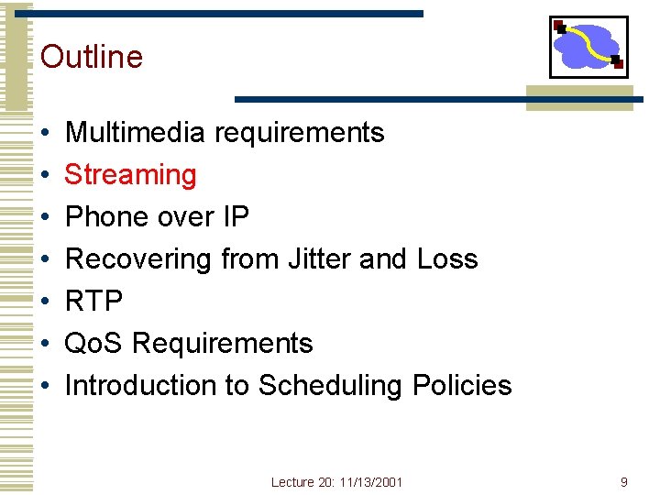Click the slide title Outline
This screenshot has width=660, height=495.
[x=92, y=57]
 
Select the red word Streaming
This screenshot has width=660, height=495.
[x=131, y=174]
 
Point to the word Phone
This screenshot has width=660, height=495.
[x=106, y=216]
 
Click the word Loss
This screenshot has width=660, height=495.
[x=447, y=258]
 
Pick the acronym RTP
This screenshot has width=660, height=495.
[x=94, y=301]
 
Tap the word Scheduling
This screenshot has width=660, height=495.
[x=330, y=385]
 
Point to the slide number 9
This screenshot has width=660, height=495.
[x=623, y=481]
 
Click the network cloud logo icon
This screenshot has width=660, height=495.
[x=588, y=47]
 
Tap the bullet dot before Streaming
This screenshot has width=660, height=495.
[x=45, y=175]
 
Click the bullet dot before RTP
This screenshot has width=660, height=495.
[x=45, y=302]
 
